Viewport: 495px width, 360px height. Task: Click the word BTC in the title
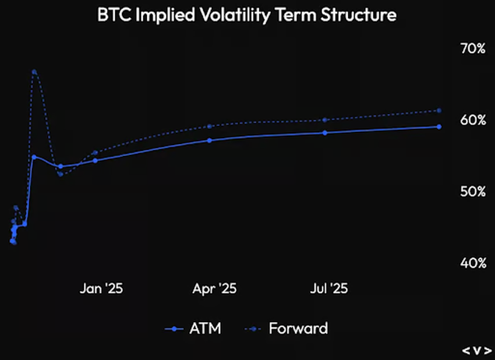click(x=114, y=15)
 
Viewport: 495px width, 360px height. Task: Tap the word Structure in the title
click(x=359, y=15)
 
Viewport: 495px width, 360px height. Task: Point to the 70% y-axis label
click(x=473, y=48)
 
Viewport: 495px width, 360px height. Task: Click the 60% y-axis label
click(x=473, y=120)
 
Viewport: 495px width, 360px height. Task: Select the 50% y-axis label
click(x=473, y=192)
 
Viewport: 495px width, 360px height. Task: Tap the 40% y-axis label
click(x=473, y=263)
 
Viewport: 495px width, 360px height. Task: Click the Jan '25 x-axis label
click(x=101, y=288)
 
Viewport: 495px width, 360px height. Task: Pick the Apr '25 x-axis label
click(x=215, y=288)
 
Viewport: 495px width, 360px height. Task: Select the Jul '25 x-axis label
click(x=329, y=288)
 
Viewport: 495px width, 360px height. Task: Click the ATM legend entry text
click(x=205, y=329)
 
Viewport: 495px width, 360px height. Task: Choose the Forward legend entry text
click(x=298, y=329)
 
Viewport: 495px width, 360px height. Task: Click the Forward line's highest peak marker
click(x=34, y=72)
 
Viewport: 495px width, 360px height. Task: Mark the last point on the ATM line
click(x=439, y=126)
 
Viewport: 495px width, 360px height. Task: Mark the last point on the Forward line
click(x=439, y=111)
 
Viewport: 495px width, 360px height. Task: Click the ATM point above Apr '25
click(x=209, y=140)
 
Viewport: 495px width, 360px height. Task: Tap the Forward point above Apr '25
click(x=209, y=126)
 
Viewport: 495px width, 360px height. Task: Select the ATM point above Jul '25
click(x=325, y=133)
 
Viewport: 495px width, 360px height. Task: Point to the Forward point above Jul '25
click(x=325, y=119)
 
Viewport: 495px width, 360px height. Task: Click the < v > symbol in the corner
click(x=477, y=350)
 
